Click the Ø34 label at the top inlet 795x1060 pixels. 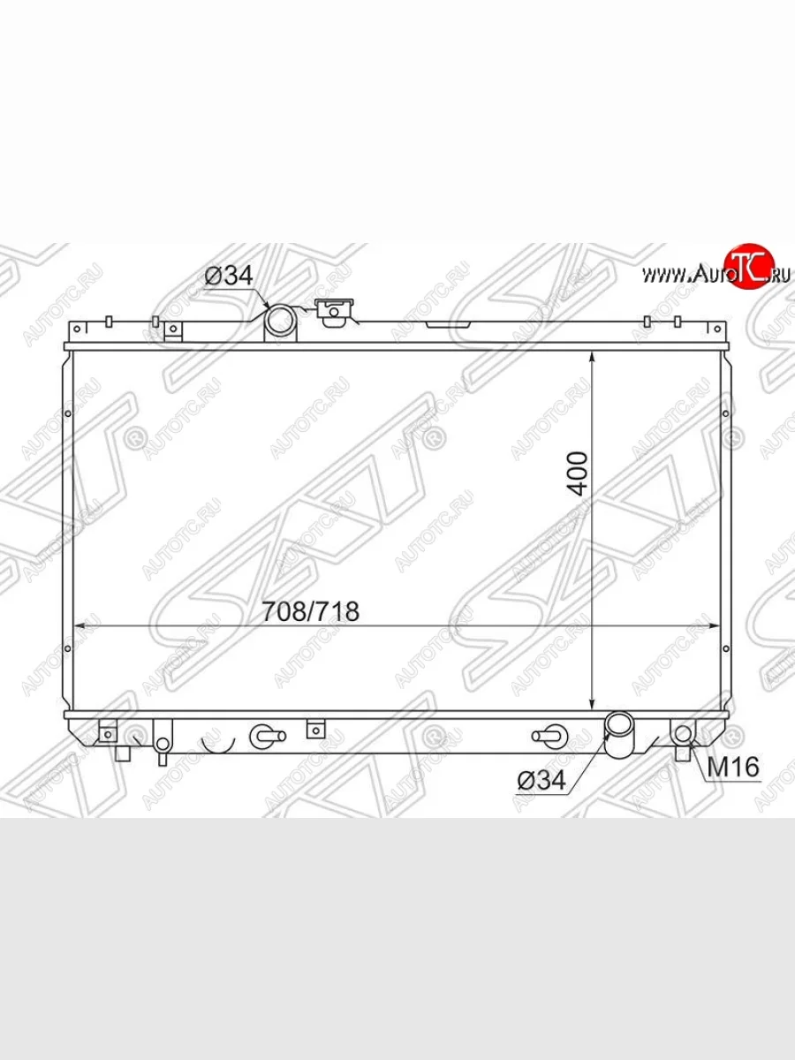[x=228, y=276]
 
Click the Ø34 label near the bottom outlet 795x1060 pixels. [x=541, y=779]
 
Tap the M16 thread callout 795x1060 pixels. [x=733, y=767]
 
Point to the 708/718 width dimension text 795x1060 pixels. [x=310, y=611]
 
